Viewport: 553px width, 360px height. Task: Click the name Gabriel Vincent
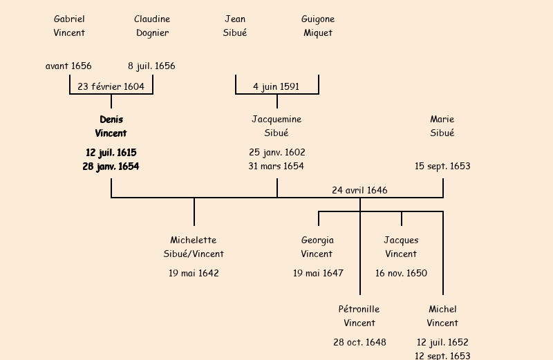[x=69, y=26]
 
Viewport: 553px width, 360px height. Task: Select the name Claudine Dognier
[x=152, y=26]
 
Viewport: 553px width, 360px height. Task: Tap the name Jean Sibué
[x=235, y=26]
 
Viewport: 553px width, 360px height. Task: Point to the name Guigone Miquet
[x=318, y=26]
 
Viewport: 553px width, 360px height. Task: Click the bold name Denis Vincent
[x=111, y=126]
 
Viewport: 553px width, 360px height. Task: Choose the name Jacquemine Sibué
[x=276, y=126]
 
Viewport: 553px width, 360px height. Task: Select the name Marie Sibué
[x=442, y=126]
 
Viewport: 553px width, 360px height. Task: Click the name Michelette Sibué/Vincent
[x=194, y=247]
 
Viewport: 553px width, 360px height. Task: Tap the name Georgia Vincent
[x=318, y=247]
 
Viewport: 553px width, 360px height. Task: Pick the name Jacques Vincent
[x=401, y=247]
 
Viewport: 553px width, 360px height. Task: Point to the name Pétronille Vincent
[x=359, y=316]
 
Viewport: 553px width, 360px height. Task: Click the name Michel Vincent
[x=442, y=316]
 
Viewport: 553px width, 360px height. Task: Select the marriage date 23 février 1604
[x=111, y=86]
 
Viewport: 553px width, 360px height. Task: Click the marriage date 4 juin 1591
[x=276, y=86]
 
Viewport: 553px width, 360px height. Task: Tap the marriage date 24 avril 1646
[x=359, y=190]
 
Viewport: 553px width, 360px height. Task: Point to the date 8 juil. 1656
[x=151, y=66]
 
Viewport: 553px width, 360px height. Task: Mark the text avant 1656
[x=68, y=66]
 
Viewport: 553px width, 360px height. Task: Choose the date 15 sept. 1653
[x=442, y=166]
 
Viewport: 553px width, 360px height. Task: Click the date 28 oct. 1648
[x=359, y=342]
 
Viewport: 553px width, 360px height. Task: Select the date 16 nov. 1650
[x=401, y=273]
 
